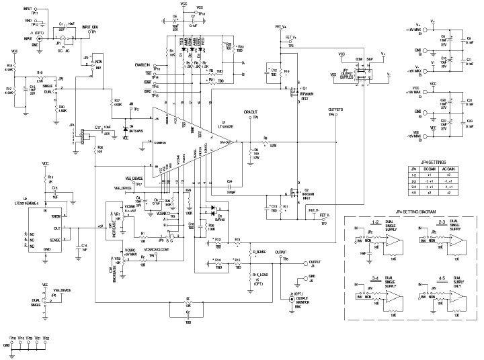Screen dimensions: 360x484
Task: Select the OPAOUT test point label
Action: [251, 111]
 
